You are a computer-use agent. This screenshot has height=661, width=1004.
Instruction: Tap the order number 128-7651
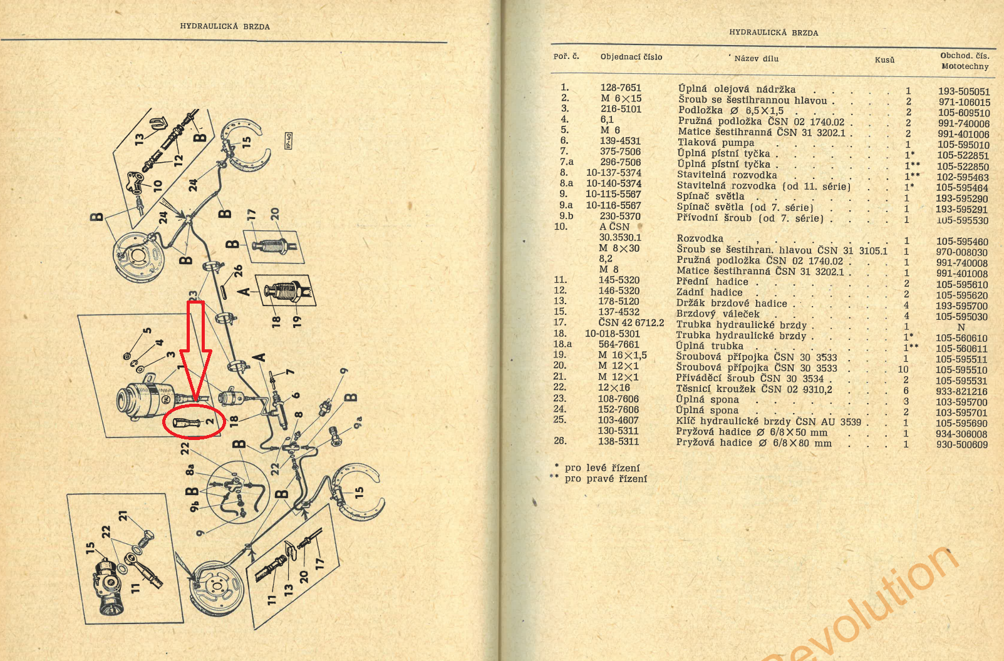[x=620, y=88]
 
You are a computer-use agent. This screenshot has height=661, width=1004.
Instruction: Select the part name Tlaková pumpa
[x=716, y=143]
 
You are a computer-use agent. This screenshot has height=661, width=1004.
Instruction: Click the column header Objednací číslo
[x=631, y=57]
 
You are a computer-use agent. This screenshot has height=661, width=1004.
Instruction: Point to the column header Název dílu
[x=756, y=59]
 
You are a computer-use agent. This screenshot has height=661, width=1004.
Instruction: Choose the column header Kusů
[x=884, y=60]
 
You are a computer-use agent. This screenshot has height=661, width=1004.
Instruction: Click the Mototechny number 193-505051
[x=964, y=91]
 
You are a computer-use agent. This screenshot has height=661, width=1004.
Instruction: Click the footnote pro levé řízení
[x=602, y=468]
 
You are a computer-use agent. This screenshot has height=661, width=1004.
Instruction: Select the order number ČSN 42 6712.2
[x=631, y=323]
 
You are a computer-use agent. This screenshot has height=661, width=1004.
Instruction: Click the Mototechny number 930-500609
[x=962, y=445]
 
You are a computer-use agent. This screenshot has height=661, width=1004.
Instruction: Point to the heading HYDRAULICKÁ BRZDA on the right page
[x=774, y=33]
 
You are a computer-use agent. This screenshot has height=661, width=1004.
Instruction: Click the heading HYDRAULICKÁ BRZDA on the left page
[x=225, y=26]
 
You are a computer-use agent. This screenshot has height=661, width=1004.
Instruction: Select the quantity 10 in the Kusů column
[x=903, y=369]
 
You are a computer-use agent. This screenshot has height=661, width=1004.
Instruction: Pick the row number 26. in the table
[x=560, y=441]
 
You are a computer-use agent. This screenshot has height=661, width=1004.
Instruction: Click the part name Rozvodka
[x=700, y=238]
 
